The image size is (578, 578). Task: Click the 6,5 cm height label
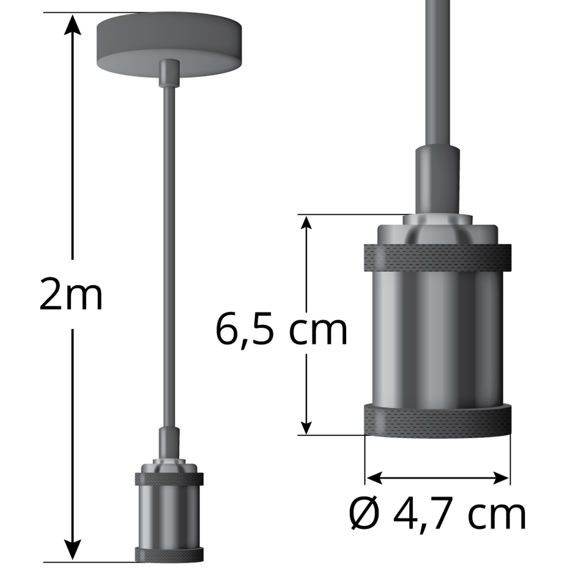click(x=281, y=330)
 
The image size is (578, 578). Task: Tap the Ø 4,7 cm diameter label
click(x=437, y=514)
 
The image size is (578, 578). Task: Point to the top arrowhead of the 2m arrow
click(x=73, y=24)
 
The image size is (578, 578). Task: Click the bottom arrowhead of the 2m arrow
click(x=73, y=550)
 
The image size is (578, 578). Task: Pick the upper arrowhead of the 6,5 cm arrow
click(x=306, y=224)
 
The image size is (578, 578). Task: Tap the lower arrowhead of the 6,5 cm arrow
click(x=306, y=426)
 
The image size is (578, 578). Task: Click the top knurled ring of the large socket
click(x=437, y=258)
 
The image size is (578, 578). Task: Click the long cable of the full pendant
click(x=168, y=257)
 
